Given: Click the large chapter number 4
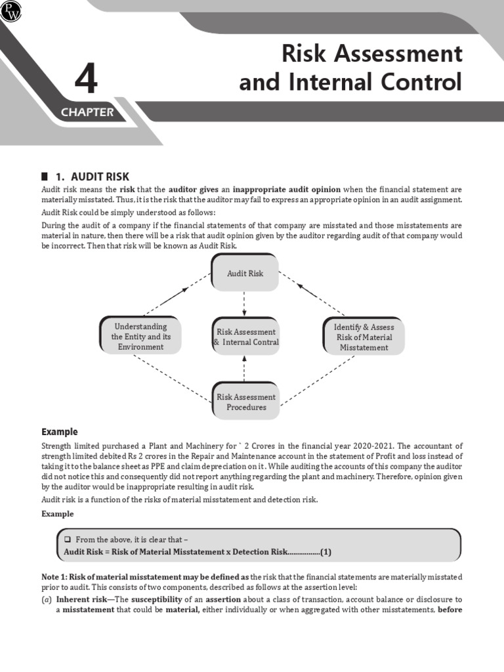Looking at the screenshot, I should pos(86,81).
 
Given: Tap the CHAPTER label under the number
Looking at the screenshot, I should pos(87,112).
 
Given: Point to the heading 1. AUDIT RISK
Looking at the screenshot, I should pos(92,177).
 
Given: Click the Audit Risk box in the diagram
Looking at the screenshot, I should pos(245,273).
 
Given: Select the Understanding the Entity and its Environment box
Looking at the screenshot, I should pos(140,336).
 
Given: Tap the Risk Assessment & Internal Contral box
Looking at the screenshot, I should pos(245,337).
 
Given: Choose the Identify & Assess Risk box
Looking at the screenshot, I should pos(364,337).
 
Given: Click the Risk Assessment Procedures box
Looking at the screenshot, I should pos(246,402).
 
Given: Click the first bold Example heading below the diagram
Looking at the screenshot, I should pos(60,432).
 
